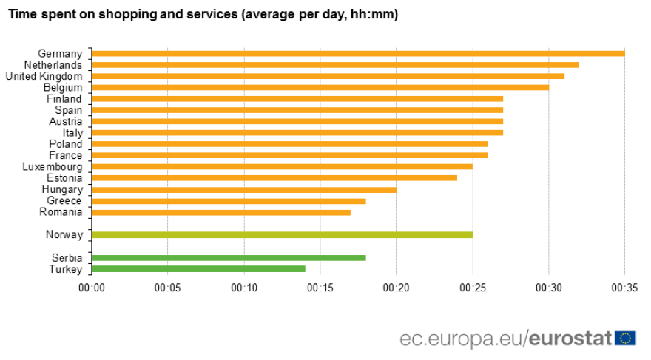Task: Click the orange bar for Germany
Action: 358,53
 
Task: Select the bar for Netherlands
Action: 335,65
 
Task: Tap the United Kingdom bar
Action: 328,76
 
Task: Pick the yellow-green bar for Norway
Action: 282,235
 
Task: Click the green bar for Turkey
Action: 198,269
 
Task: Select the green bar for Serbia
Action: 229,258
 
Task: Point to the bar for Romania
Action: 221,213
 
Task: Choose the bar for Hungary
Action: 244,190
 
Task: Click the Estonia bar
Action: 274,178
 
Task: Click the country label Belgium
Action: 63,87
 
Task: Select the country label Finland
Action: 64,99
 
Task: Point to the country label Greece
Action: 64,201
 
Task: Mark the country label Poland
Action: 65,144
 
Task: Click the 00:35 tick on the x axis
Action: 624,287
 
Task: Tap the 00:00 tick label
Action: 92,287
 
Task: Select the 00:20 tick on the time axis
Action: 396,287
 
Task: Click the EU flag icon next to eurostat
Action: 626,338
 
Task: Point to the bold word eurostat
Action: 570,339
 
